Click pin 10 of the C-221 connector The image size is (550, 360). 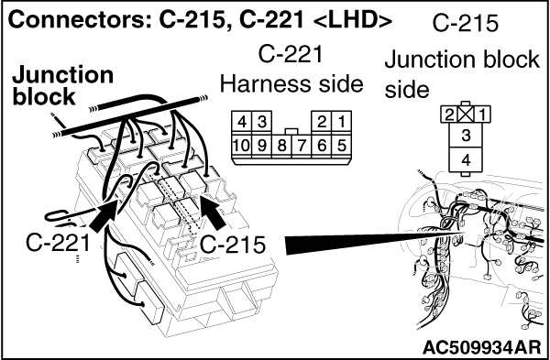[241, 146]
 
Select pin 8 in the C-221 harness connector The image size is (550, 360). [281, 146]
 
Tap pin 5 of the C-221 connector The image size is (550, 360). [341, 145]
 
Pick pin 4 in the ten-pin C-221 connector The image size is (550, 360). [241, 122]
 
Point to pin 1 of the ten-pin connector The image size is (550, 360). [341, 122]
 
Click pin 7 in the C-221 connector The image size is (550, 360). [302, 146]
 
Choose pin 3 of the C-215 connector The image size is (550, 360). [466, 136]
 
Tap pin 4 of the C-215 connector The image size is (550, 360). [466, 160]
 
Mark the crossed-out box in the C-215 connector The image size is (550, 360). [466, 115]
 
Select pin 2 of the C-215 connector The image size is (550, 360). [449, 115]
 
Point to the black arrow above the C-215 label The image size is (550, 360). [213, 212]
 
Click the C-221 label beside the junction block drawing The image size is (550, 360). [58, 242]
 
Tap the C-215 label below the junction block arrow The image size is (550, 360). [232, 245]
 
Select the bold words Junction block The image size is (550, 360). [63, 85]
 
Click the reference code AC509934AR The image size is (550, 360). [481, 347]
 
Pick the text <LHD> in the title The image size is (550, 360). [352, 21]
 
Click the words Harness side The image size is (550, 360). [291, 84]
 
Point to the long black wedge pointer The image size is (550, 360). [375, 242]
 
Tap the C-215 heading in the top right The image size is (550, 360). [465, 23]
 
